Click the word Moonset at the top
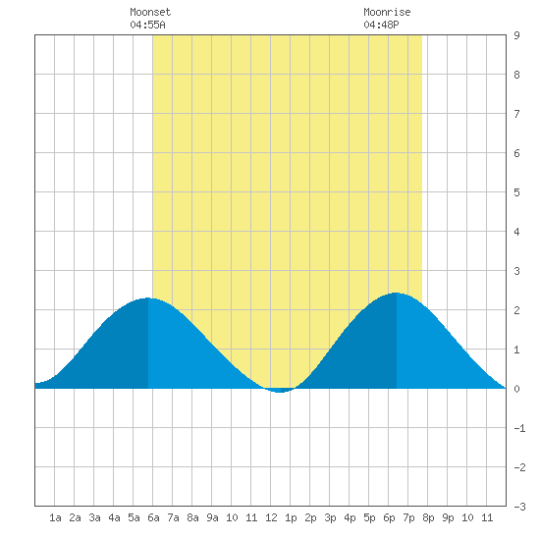click(150, 12)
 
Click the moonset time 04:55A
click(147, 25)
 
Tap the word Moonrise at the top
click(387, 12)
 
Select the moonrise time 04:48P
click(381, 25)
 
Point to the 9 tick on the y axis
click(516, 35)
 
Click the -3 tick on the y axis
click(519, 507)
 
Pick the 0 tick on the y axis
click(516, 389)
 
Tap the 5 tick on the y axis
click(516, 192)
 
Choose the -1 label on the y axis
click(519, 428)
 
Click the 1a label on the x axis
click(55, 517)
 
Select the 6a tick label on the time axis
click(153, 517)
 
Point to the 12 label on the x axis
click(271, 517)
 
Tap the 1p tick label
click(291, 517)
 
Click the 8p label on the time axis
click(428, 517)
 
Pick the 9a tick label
click(212, 517)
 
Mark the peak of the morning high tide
click(148, 298)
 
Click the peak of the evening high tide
click(396, 294)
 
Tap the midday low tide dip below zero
click(280, 391)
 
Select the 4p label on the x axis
click(350, 517)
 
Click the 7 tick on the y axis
click(516, 114)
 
